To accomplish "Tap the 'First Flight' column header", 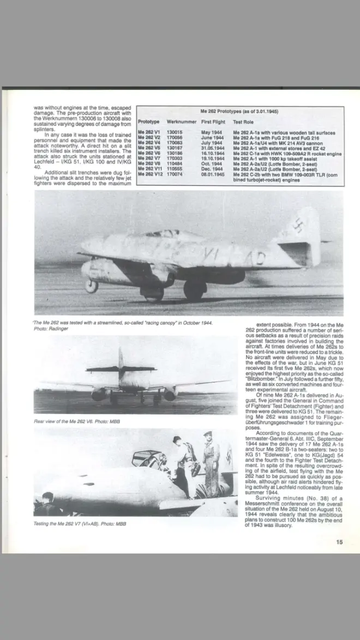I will point(213,122).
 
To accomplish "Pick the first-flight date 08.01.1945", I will point(213,175).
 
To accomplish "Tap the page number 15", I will point(338,542).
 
